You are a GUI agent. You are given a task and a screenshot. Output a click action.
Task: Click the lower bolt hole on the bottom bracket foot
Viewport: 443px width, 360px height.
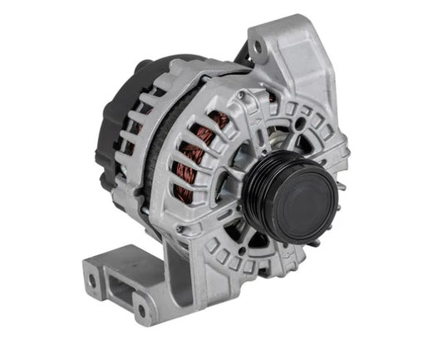click(141, 312)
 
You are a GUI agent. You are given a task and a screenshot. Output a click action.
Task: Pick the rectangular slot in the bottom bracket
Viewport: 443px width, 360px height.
click(119, 291)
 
